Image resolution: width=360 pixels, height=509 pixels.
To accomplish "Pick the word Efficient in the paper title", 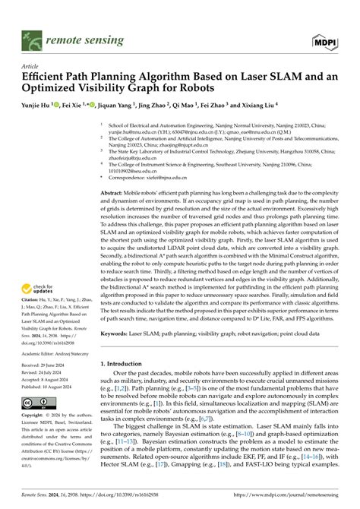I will click(47, 76).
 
